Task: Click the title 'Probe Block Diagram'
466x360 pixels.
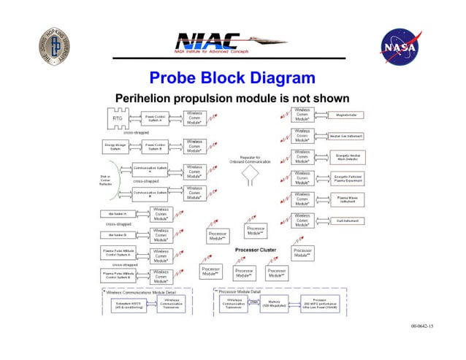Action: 232,79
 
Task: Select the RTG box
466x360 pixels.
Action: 117,118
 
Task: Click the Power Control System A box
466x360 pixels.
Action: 154,118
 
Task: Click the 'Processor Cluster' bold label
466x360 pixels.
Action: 255,250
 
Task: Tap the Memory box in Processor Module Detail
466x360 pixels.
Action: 275,303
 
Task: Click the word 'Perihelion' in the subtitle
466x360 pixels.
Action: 146,99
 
